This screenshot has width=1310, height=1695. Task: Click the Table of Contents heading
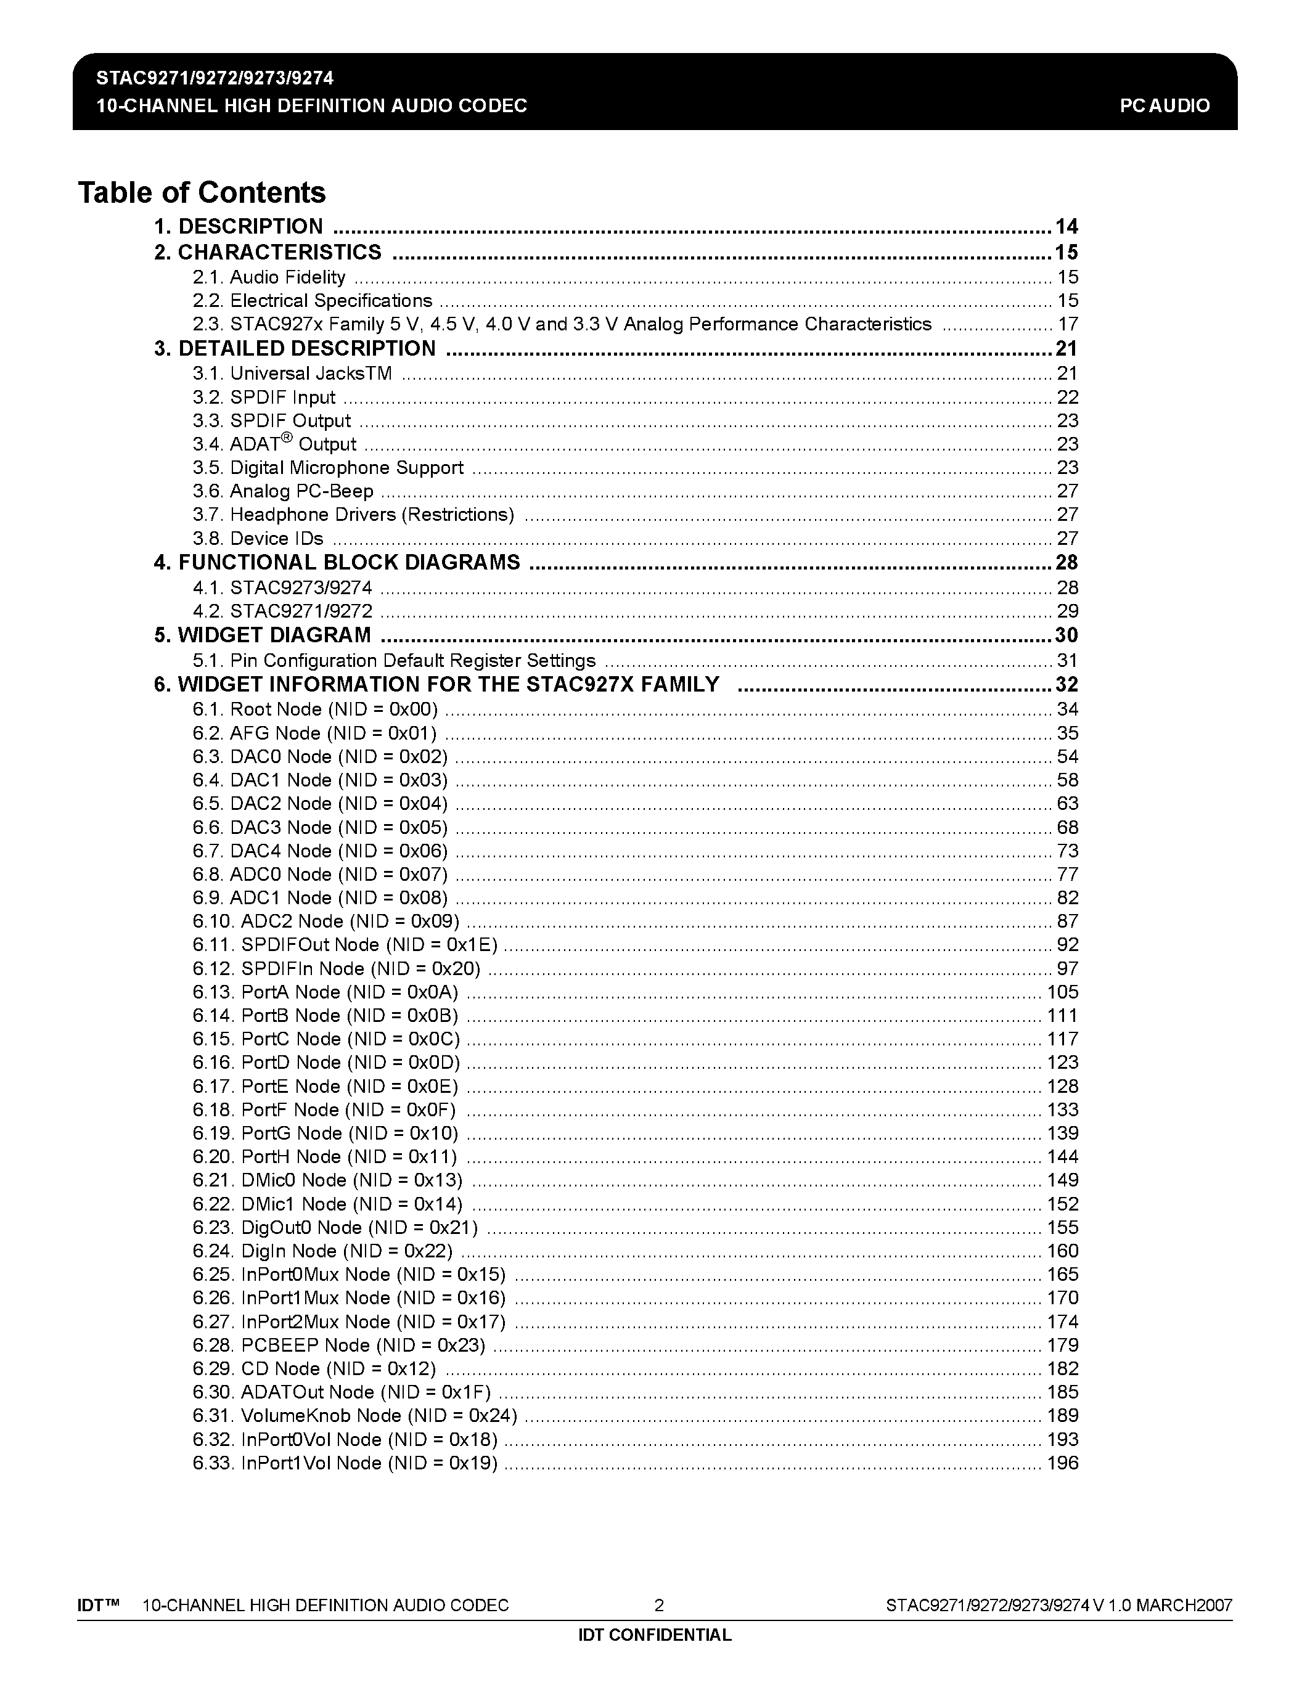[202, 192]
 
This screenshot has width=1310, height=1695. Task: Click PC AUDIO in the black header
[1164, 105]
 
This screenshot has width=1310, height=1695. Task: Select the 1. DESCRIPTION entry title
[238, 227]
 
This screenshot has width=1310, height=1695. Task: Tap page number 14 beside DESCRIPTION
[1066, 227]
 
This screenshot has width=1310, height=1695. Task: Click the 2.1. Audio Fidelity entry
[269, 277]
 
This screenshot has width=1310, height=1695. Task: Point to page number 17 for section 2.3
[1068, 324]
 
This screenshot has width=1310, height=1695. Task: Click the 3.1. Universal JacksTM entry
[292, 374]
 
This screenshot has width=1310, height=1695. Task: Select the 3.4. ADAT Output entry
[274, 444]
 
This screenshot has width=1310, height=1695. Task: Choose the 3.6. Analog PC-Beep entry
[282, 491]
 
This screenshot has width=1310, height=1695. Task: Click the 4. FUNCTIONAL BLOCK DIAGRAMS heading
[337, 563]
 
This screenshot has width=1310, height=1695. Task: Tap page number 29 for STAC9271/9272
[1068, 611]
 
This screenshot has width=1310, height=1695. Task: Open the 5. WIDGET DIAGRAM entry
[263, 635]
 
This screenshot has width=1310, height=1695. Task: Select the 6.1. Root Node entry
[315, 709]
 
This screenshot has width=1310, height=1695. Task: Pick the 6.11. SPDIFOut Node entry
[345, 944]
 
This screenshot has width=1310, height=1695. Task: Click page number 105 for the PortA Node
[1062, 992]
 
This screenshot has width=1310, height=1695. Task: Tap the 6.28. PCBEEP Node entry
[338, 1345]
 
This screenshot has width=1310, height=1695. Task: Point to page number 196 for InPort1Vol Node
[1062, 1463]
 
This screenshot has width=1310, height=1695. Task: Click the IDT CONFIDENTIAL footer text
[654, 1635]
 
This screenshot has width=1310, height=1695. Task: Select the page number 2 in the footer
[659, 1605]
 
